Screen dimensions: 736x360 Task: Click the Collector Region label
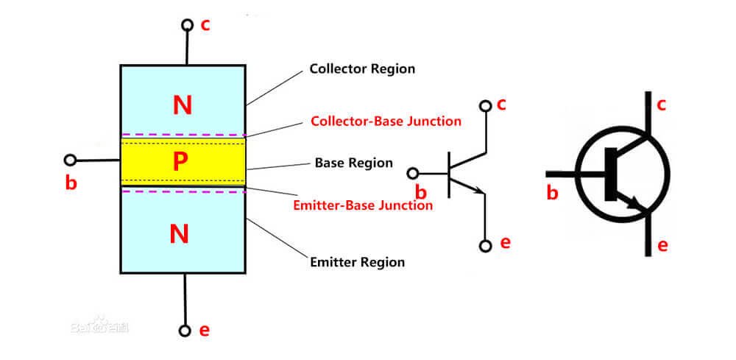362,68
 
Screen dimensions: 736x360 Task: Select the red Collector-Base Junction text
386,121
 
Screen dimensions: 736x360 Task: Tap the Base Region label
353,163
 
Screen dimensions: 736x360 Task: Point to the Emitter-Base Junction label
363,205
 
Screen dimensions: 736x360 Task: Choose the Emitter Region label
357,261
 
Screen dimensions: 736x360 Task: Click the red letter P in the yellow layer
180,163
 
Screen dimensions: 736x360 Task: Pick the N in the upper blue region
182,105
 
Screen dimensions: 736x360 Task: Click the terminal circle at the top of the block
187,25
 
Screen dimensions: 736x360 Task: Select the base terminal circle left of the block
70,160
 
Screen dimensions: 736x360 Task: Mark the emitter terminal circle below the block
185,331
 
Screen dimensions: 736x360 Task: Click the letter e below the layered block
204,331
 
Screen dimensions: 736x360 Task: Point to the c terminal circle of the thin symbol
485,106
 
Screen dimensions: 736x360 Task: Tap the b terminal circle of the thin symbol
413,174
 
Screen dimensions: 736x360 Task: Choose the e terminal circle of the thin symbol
486,246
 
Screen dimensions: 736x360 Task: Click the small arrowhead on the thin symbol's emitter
480,191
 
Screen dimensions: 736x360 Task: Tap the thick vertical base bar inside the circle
611,174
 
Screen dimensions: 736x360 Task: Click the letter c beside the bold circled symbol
662,105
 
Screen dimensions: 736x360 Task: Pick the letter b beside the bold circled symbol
553,193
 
